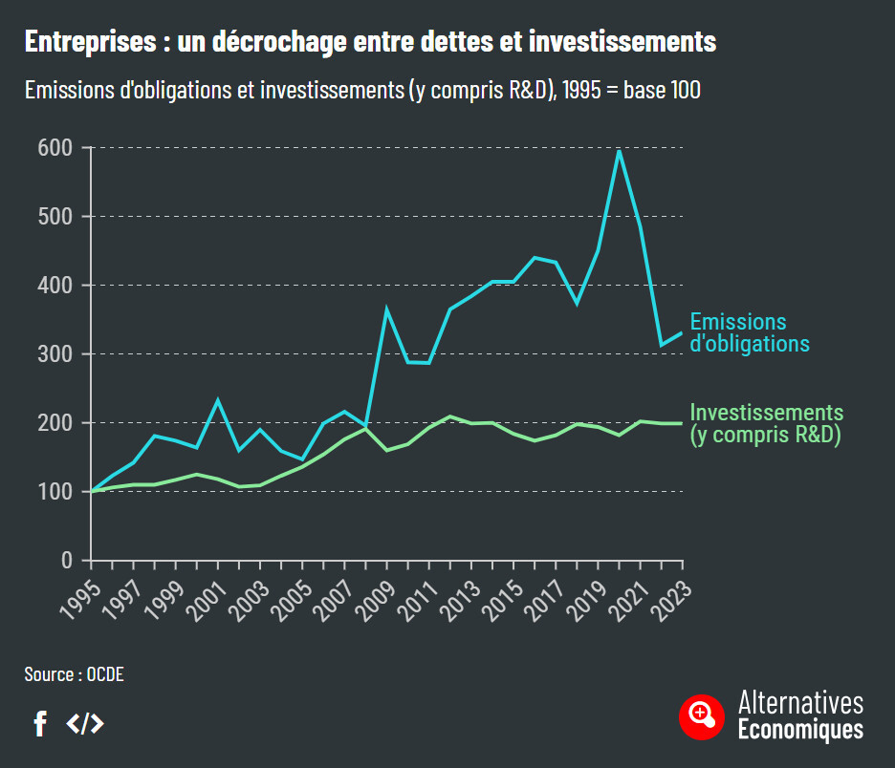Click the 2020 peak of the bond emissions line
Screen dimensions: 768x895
[619, 151]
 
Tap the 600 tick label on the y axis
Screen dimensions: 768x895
[55, 148]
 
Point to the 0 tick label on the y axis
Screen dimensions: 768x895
[66, 561]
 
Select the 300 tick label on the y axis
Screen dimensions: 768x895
[55, 354]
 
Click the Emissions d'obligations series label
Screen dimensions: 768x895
[749, 332]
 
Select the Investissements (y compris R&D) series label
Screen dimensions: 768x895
[766, 424]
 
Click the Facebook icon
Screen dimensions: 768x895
[40, 724]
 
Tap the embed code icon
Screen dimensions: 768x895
[85, 724]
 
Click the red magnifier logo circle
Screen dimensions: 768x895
[702, 715]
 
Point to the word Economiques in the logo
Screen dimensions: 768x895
[800, 730]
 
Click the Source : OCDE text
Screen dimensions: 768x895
[74, 674]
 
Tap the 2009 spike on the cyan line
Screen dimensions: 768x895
[386, 309]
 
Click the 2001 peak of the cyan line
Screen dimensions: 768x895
[218, 400]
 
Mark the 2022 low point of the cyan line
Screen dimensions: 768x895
[661, 345]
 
